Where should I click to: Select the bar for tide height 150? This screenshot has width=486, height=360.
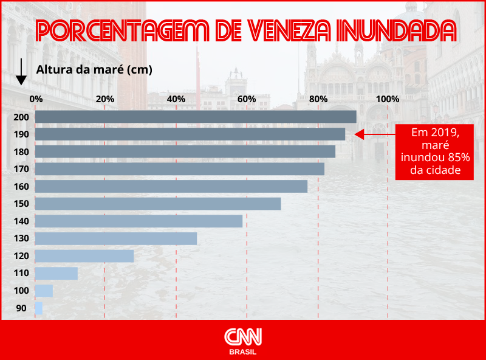pos(158,204)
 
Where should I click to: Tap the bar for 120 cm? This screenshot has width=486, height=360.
pos(84,256)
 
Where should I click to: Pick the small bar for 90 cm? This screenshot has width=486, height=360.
pos(39,308)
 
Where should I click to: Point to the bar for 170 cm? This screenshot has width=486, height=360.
pos(180,169)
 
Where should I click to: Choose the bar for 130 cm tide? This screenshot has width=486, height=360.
pos(116,238)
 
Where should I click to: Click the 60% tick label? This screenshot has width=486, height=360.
pos(246,99)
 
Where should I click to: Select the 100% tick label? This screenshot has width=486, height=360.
pos(388,99)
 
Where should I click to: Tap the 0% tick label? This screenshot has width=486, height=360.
pos(36,99)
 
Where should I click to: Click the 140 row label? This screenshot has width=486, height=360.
pos(21,221)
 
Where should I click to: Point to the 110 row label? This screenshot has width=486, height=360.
pos(21,274)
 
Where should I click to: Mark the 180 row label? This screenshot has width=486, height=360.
pos(21,151)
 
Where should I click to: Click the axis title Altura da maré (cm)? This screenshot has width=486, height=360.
pos(94,69)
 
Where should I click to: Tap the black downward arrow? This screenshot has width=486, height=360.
pos(21,72)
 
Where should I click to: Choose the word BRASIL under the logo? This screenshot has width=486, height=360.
pos(243,352)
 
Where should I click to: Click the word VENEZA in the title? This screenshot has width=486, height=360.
pos(299,30)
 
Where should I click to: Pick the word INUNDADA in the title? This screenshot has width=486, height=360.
pos(403,30)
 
